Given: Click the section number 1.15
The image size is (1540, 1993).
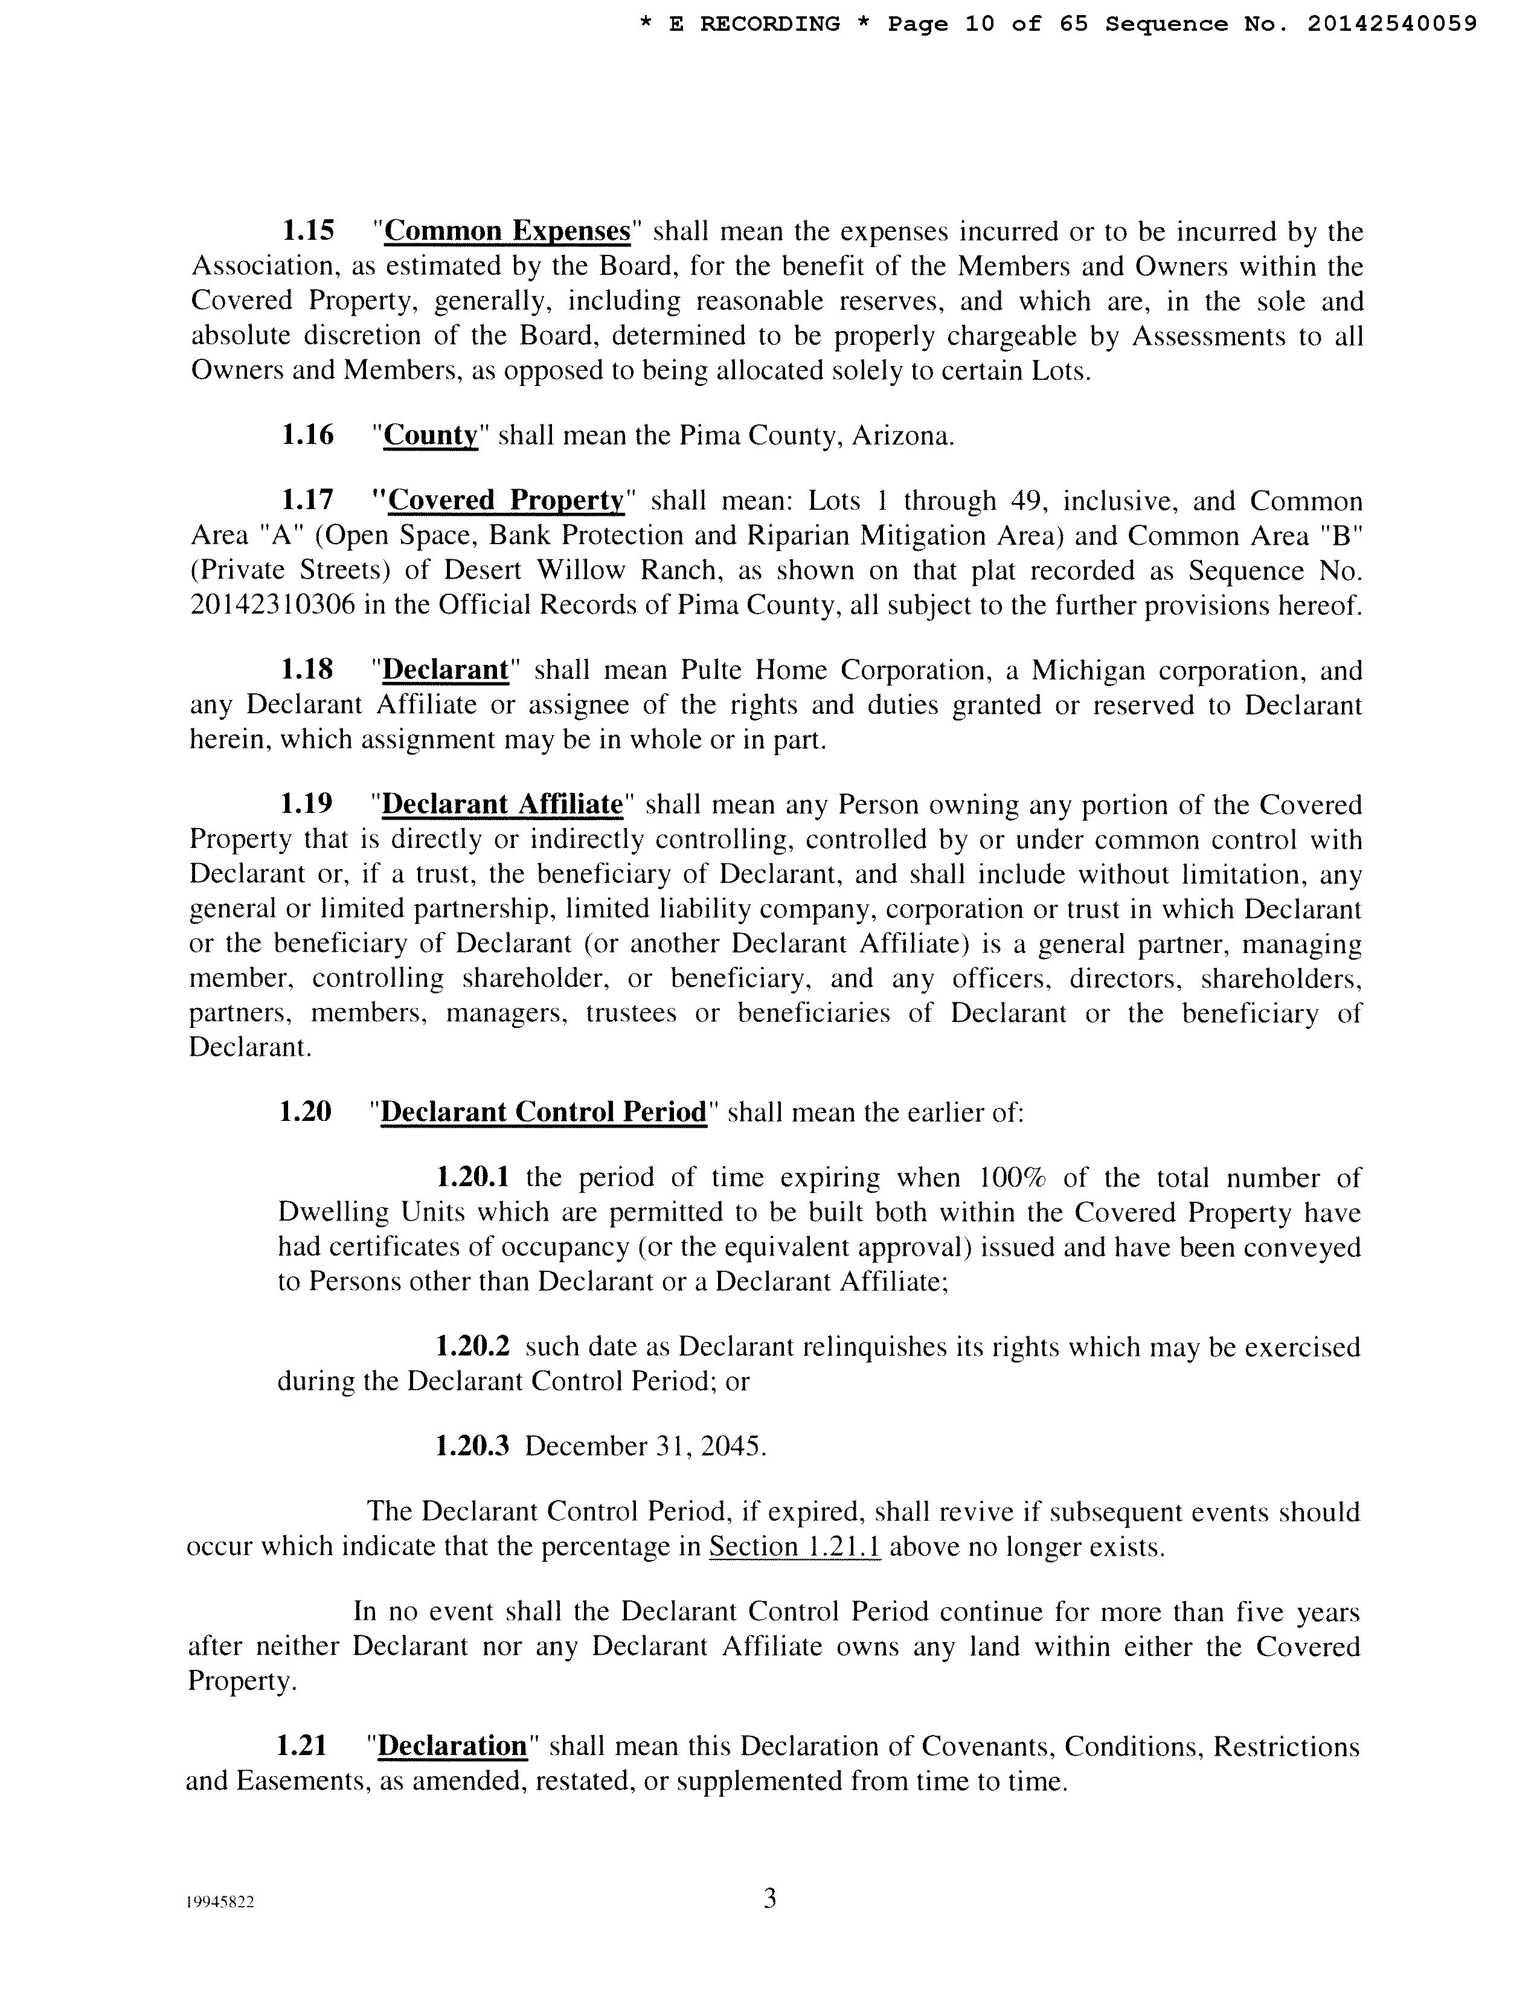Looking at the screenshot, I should point(309,231).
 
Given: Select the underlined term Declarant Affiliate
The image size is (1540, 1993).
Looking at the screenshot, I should point(502,805).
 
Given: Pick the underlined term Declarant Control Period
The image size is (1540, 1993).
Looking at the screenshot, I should point(543,1112).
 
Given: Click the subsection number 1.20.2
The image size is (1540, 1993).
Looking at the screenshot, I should point(472,1347).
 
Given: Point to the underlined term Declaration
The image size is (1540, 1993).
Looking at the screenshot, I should point(452,1747).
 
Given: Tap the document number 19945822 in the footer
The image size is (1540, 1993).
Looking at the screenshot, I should point(219,1902).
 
